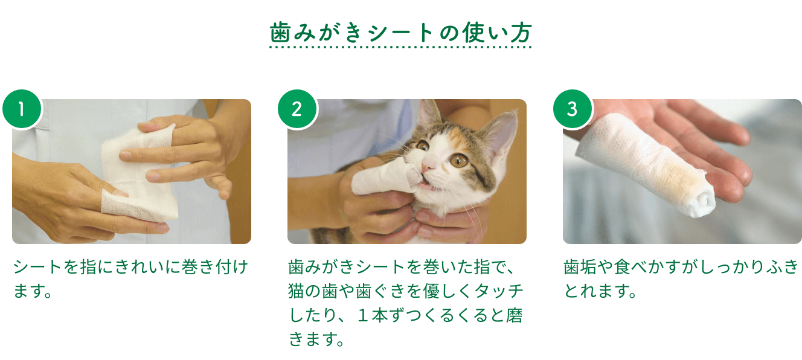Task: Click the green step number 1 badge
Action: click(x=22, y=109)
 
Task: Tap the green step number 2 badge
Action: click(x=297, y=109)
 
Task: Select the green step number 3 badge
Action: click(x=573, y=109)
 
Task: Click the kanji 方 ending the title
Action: click(x=521, y=32)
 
